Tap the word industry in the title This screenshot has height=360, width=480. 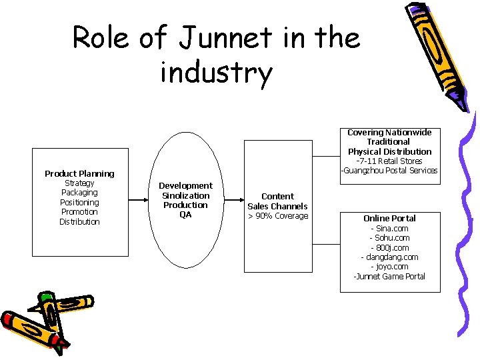216,73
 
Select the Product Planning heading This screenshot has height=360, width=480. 79,173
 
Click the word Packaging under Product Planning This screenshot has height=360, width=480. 79,193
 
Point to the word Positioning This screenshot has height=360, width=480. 79,203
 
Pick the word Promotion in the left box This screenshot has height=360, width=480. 79,212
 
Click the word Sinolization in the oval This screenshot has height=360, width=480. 185,195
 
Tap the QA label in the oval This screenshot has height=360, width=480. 185,215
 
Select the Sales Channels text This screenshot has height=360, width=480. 277,206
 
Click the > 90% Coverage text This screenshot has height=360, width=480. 278,216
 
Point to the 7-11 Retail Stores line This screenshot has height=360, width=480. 389,161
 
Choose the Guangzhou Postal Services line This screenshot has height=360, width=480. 389,171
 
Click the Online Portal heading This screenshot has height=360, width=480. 389,218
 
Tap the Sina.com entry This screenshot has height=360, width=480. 389,228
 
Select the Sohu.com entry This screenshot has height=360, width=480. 389,238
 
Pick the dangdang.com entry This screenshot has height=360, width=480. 389,257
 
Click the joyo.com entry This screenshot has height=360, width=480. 389,267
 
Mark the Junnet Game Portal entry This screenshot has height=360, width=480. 389,276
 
